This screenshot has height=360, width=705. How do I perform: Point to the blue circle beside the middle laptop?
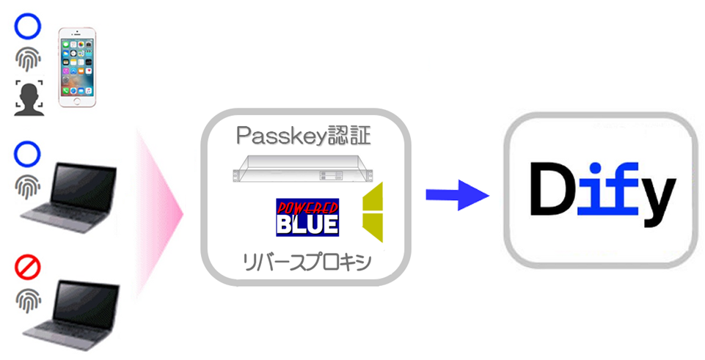26,155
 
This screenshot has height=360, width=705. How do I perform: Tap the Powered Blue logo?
307,216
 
